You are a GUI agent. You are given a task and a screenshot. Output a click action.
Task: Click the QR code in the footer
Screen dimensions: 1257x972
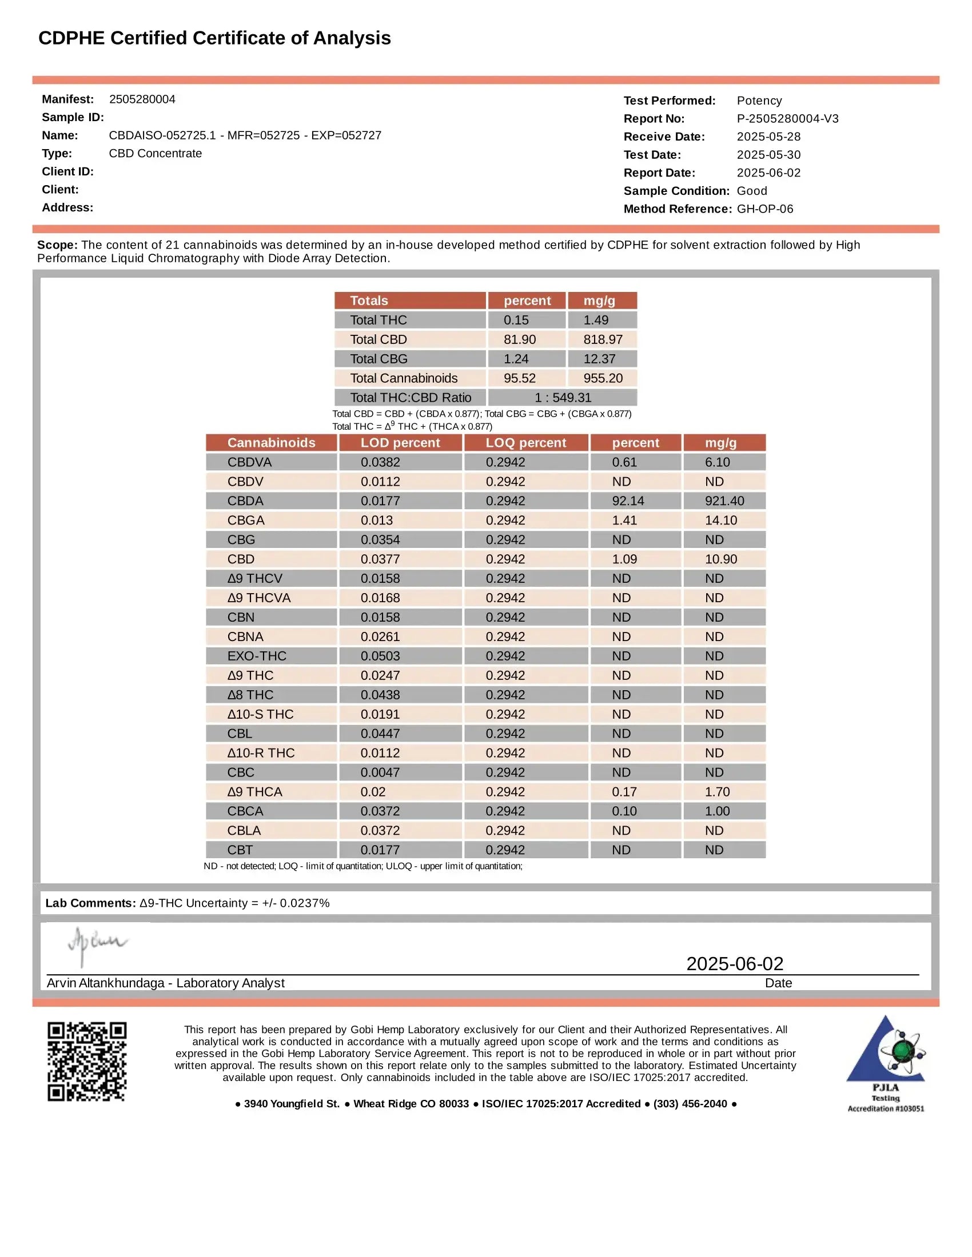(87, 1062)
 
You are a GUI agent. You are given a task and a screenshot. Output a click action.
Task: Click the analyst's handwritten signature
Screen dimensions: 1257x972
(97, 944)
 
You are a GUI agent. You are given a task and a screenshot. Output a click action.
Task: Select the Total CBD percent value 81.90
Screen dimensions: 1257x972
(519, 339)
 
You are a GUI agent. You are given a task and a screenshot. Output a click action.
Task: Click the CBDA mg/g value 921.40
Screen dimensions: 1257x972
(724, 501)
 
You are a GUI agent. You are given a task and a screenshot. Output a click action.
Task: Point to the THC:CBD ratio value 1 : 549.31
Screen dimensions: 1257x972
(562, 398)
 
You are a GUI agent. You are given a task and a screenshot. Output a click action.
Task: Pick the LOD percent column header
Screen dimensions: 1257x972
(400, 443)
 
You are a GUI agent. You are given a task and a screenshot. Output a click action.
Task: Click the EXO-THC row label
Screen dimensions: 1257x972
(256, 656)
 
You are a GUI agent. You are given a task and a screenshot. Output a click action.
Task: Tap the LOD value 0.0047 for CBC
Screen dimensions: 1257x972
(380, 772)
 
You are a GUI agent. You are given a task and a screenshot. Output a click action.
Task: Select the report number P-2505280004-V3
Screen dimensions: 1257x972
(787, 119)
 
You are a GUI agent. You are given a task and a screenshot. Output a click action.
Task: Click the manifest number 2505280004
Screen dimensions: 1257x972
(142, 99)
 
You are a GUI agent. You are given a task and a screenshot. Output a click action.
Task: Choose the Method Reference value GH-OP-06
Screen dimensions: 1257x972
(764, 209)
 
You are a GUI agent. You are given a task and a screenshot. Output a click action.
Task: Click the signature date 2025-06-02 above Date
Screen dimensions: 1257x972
(734, 963)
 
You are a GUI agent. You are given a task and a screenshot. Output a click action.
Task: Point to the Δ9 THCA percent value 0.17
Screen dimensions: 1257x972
(624, 792)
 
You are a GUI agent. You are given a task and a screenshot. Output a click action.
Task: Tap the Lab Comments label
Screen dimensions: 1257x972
(90, 903)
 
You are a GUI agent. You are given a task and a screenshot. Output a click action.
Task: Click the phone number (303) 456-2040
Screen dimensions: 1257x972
(690, 1104)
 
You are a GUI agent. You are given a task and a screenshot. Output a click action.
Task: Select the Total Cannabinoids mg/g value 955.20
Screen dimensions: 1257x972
(602, 378)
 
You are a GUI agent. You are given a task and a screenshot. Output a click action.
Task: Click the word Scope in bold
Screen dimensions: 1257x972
(57, 245)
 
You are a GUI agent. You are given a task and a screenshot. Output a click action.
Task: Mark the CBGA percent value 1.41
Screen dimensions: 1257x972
(624, 521)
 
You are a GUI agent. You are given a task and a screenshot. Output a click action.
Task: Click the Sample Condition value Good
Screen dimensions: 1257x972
(751, 190)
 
